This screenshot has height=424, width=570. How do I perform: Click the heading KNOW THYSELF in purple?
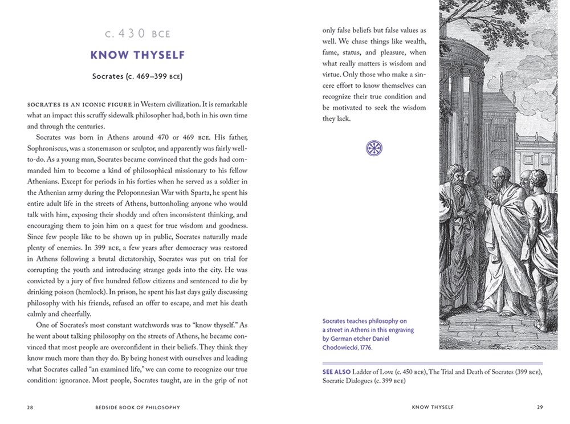pos(138,55)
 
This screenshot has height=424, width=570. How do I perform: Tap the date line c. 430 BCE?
pos(138,34)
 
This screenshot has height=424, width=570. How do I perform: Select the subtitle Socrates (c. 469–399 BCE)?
pos(138,76)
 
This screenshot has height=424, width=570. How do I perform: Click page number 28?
pos(30,407)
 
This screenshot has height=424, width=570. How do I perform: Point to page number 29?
pos(540,407)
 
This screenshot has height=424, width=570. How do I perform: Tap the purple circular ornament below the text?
pos(374,149)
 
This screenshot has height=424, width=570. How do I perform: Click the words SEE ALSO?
pos(336,372)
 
